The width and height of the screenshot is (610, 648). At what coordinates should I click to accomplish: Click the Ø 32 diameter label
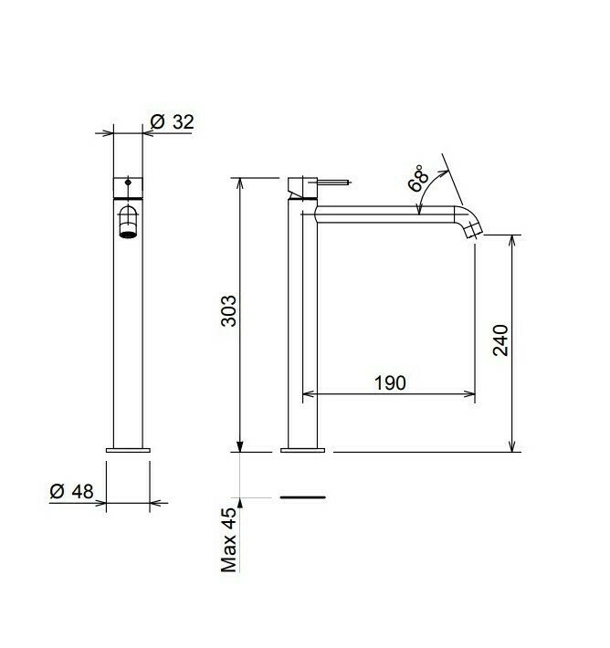click(x=172, y=122)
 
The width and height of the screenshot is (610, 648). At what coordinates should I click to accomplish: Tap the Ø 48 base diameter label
click(x=71, y=491)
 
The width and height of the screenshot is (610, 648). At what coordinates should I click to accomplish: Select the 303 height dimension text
click(x=228, y=311)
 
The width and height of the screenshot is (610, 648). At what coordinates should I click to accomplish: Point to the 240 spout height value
click(x=500, y=340)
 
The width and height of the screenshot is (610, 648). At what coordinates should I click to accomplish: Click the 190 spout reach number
click(x=390, y=382)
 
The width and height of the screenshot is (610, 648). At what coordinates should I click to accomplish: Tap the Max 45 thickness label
click(x=228, y=539)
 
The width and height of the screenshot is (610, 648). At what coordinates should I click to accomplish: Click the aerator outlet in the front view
click(x=128, y=235)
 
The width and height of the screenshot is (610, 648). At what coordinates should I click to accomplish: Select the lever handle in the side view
click(x=334, y=182)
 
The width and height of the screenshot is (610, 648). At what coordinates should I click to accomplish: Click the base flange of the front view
click(x=128, y=450)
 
